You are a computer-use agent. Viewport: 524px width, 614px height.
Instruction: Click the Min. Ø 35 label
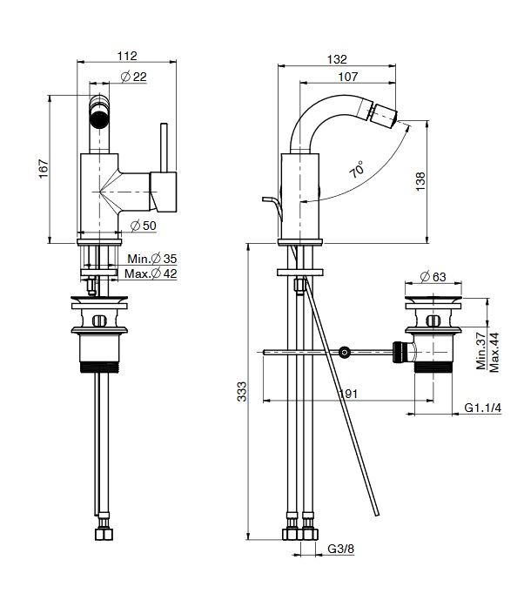point(151,258)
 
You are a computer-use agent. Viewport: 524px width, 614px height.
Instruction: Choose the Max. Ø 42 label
point(151,273)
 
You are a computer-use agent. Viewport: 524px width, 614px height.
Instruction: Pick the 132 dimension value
point(336,59)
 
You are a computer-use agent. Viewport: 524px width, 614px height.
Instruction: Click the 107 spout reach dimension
point(348,76)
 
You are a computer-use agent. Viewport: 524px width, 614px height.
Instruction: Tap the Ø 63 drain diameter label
point(433,277)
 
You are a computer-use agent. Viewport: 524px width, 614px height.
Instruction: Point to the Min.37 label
point(480,350)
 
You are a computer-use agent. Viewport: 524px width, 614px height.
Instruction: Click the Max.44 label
point(494,350)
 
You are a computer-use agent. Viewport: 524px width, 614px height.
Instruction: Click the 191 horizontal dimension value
point(348,395)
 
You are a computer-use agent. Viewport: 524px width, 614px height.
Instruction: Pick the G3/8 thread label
point(340,550)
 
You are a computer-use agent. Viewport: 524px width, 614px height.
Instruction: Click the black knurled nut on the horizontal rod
point(402,353)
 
